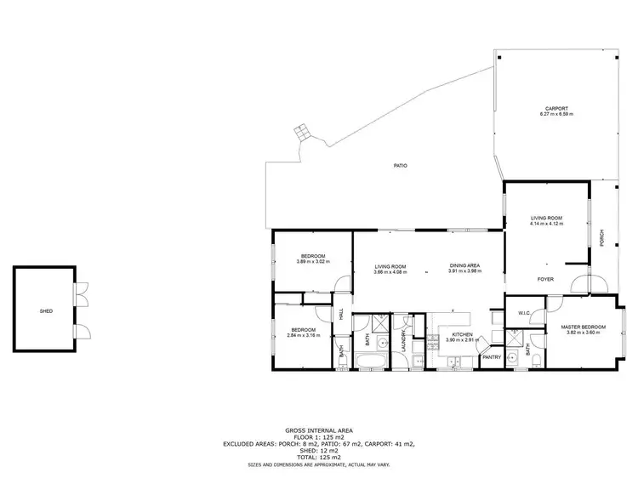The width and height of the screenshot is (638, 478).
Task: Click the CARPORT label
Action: coord(557,108)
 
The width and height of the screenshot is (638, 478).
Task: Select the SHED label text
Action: coord(46,311)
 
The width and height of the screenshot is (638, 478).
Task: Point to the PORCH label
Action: coord(602,238)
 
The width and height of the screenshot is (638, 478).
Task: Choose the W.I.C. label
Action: coord(524,314)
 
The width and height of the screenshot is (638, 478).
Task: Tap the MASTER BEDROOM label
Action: coord(583,327)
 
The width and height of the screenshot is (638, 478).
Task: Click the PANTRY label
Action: coord(492,357)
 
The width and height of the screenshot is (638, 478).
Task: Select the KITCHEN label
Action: coord(462,335)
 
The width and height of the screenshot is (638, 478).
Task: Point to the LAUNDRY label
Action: coord(404,340)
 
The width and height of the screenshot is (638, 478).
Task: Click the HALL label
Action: coord(341,314)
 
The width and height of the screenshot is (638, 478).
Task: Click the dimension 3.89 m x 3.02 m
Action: coord(313,261)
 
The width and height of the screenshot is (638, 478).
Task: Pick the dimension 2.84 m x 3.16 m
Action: coord(304,335)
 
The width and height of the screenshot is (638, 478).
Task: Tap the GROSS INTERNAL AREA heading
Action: coord(319,431)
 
